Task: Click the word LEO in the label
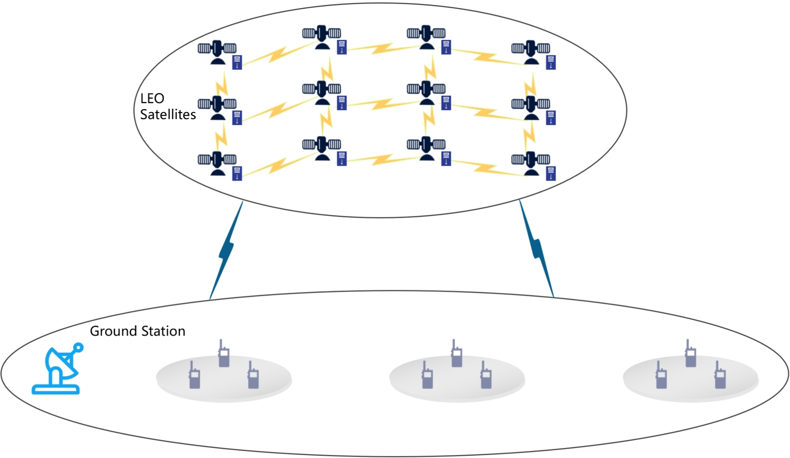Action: [x=152, y=99]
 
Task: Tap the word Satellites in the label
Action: [x=168, y=114]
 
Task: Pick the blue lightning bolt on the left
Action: [x=226, y=250]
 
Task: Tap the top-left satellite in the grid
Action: [x=217, y=52]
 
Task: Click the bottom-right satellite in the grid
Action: [x=530, y=163]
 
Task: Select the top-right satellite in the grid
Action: [x=530, y=52]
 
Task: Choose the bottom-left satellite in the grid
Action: [x=217, y=163]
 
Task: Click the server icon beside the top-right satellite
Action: [x=551, y=62]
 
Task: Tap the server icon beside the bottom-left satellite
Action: [x=237, y=173]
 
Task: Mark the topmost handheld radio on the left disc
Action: [x=224, y=353]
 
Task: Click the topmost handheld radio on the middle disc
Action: [x=457, y=353]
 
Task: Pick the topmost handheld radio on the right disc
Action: [x=690, y=353]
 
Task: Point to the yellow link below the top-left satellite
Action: [x=222, y=85]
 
